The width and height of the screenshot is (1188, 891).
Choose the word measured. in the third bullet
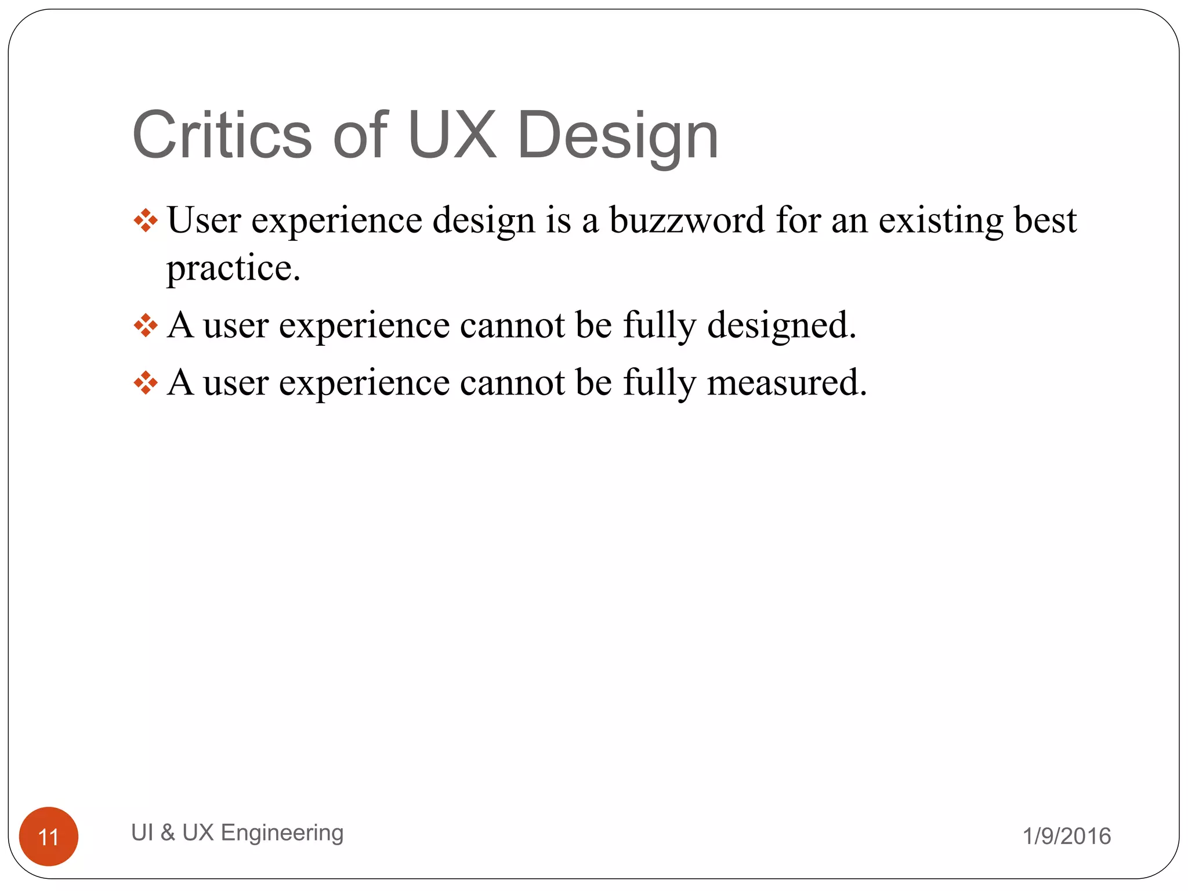click(x=787, y=383)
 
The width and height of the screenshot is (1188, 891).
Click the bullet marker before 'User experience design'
click(x=146, y=221)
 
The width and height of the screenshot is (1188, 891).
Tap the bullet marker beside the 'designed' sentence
click(x=146, y=325)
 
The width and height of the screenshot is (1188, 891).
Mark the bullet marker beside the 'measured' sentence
click(x=146, y=383)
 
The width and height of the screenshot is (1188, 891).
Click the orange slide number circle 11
click(x=49, y=836)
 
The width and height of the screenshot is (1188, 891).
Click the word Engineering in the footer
click(x=282, y=833)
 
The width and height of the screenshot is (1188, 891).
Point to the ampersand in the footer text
click(x=168, y=832)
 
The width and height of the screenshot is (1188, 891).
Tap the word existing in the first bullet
click(x=940, y=221)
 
